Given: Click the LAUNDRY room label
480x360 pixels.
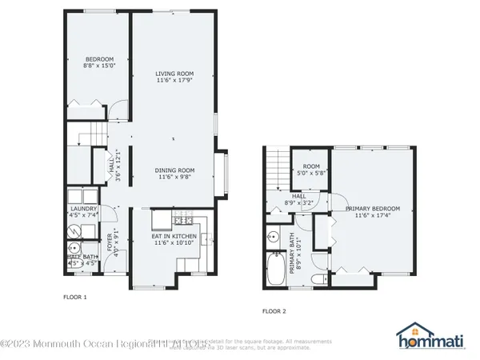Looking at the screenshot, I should pos(83,211).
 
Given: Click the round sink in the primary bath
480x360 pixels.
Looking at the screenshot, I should pos(272,237).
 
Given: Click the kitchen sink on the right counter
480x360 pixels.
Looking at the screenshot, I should pos(206,238).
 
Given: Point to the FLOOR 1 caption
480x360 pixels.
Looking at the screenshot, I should pos(74,297).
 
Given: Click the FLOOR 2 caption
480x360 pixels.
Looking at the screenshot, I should pos(274,311).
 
